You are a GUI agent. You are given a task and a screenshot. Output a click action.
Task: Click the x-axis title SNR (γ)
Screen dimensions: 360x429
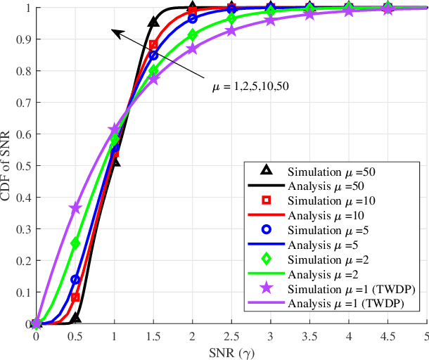[232, 351]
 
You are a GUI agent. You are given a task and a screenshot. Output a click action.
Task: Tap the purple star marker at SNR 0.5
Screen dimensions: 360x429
[75, 208]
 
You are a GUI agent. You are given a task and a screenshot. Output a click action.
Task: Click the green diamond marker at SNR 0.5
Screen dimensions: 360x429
[75, 243]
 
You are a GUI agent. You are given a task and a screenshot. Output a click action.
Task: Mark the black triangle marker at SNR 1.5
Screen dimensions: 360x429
[153, 22]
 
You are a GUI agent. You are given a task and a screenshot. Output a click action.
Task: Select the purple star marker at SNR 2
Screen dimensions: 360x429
[193, 49]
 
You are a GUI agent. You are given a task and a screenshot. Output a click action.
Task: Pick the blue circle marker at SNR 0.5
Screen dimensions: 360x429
[75, 280]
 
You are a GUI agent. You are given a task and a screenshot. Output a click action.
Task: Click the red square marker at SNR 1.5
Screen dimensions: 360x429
[153, 45]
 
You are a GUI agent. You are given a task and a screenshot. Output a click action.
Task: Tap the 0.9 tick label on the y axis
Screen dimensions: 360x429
[25, 39]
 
